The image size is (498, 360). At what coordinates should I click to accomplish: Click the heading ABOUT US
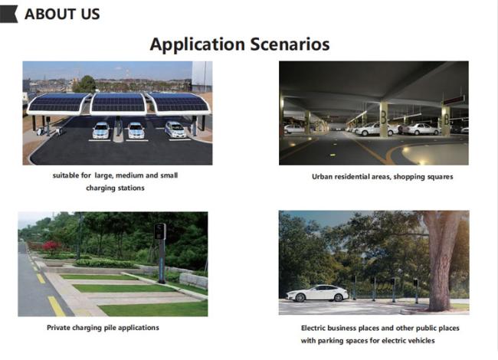pos(62,14)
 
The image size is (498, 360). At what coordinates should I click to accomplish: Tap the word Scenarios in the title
pos(290,44)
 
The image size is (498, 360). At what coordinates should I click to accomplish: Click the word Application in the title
pos(198,44)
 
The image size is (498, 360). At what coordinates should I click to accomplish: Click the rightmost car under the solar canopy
pos(175,129)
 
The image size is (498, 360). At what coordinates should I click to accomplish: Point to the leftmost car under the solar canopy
pos(101,130)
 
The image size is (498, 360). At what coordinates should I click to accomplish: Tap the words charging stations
pos(115,188)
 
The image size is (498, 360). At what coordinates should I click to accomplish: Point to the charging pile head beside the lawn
pos(160,231)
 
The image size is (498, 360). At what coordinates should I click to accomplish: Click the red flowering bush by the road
pos(51,246)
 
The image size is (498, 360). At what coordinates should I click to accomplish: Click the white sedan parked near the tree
pos(318,293)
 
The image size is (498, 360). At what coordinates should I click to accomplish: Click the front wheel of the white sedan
pos(300,297)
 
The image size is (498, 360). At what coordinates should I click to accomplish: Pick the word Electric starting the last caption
pos(313,328)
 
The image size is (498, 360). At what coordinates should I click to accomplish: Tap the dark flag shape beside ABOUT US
pos(8,14)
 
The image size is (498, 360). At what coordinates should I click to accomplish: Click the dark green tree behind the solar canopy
pos(84,84)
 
